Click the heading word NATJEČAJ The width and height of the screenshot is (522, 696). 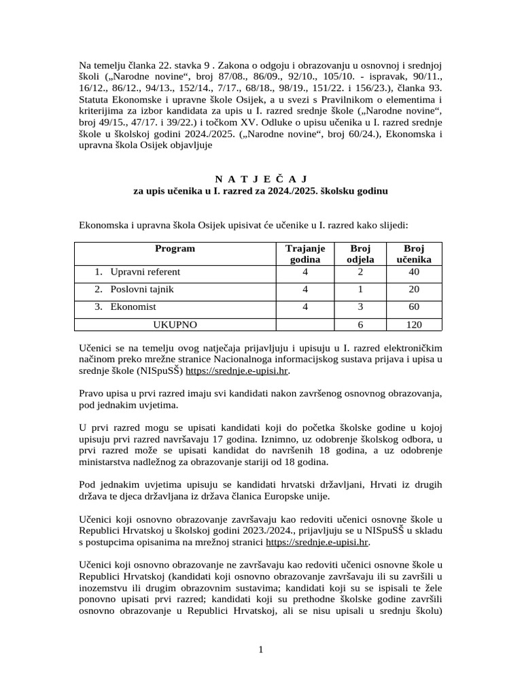[x=260, y=179]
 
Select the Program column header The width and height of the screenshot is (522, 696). [x=175, y=249]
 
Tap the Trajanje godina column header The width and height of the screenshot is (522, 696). [x=305, y=254]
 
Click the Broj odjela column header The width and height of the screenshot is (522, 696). [x=360, y=254]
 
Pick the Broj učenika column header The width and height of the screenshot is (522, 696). [x=414, y=254]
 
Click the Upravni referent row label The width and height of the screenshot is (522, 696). [x=145, y=272]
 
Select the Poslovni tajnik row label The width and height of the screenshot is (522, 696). [x=143, y=290]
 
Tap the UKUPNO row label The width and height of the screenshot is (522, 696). [x=174, y=325]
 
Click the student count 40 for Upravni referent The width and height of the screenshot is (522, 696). [x=414, y=272]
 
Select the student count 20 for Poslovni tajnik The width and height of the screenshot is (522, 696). [x=414, y=290]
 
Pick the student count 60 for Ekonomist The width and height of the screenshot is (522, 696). [x=414, y=307]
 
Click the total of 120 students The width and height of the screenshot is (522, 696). [x=414, y=325]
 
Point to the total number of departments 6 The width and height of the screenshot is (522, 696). [x=360, y=325]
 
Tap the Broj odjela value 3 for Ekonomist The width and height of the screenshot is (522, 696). [x=360, y=307]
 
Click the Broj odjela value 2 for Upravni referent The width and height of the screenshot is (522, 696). [x=360, y=272]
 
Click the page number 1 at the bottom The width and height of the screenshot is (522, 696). [x=260, y=650]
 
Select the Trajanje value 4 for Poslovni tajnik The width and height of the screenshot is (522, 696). [x=305, y=290]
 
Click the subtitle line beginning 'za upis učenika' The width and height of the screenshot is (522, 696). [x=260, y=192]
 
